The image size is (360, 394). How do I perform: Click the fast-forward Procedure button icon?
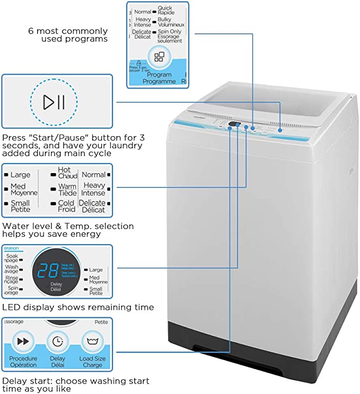tap(23, 342)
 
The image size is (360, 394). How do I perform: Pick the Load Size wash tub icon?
tap(92, 342)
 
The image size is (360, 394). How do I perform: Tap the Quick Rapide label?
tap(166, 11)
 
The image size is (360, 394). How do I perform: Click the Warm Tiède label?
tap(67, 190)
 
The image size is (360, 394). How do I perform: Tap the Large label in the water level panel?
tap(20, 175)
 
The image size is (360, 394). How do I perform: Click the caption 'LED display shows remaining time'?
tap(78, 307)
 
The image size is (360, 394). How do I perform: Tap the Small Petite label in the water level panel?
tap(20, 206)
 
